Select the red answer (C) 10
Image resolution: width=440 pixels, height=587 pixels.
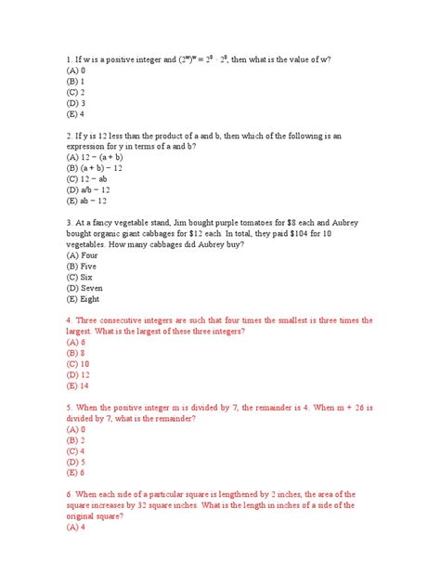click(78, 363)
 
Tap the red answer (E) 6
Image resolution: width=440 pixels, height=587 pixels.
click(76, 472)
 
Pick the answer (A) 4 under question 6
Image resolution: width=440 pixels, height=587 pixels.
click(76, 527)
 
